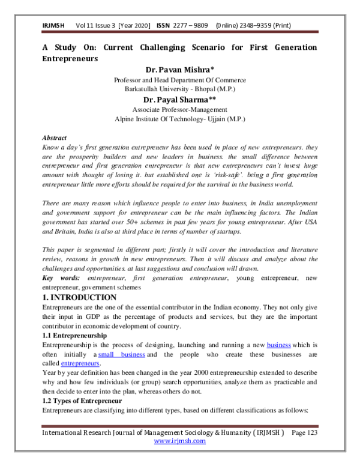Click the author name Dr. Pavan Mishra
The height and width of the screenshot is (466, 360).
(x=180, y=70)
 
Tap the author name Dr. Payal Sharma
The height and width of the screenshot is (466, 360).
(x=180, y=99)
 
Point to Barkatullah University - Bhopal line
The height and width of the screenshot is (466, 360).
(x=180, y=89)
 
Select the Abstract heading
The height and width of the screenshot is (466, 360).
(x=54, y=138)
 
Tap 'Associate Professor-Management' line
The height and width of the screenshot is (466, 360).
(x=180, y=109)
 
